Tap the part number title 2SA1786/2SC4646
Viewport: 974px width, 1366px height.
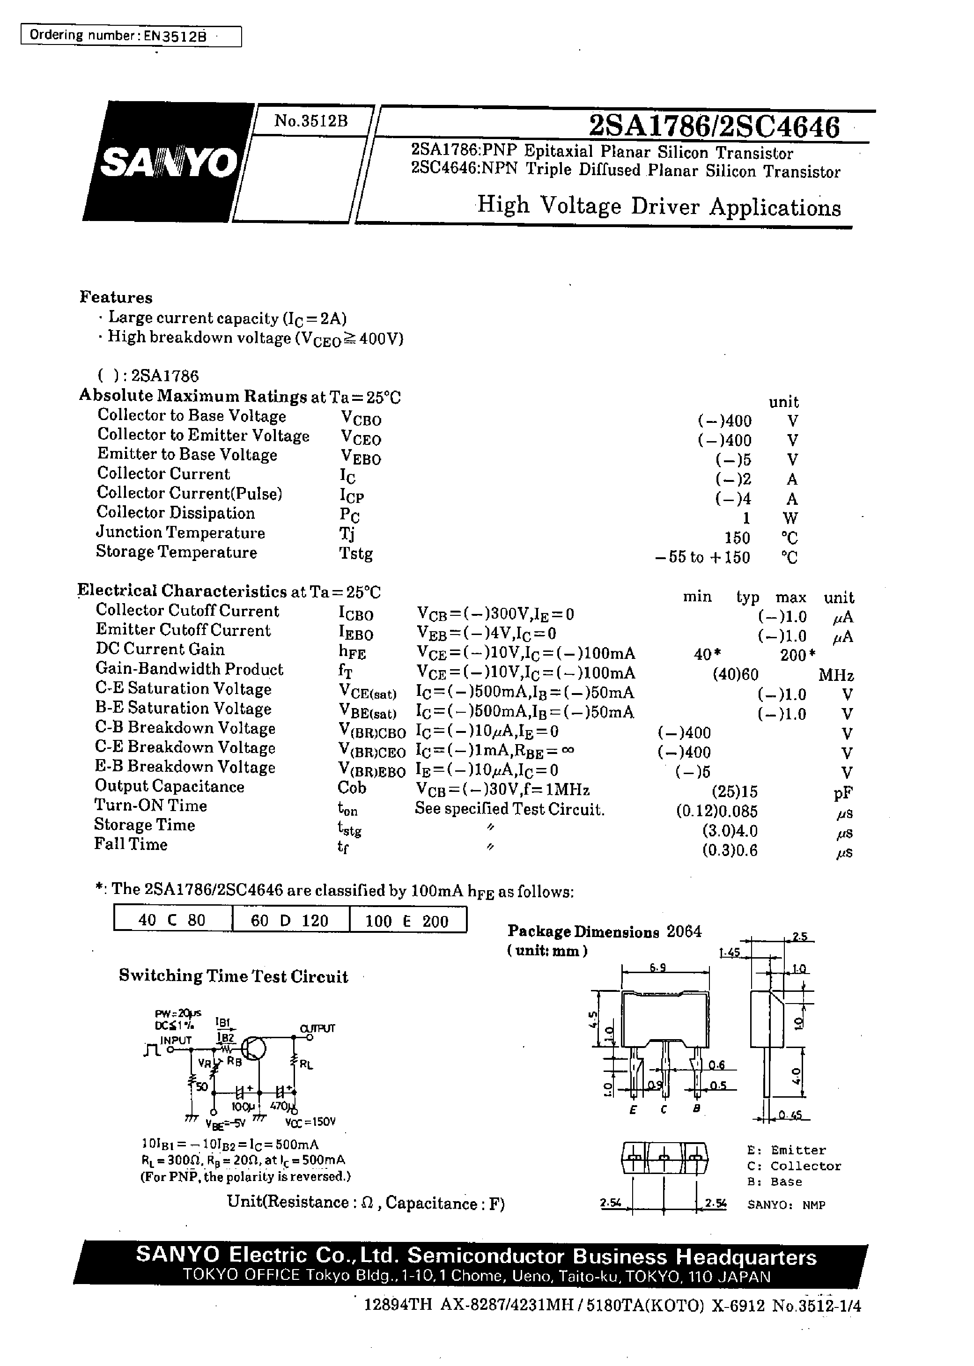[x=714, y=126]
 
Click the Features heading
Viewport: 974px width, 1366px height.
[x=116, y=297]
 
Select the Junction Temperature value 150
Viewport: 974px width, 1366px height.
[x=737, y=537]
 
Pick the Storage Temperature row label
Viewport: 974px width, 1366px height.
[x=177, y=552]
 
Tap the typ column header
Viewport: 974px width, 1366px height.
[x=747, y=597]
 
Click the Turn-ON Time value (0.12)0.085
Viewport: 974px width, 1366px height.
[x=717, y=812]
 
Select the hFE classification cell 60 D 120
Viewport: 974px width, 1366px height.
[x=290, y=921]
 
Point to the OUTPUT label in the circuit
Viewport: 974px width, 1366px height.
[x=317, y=1028]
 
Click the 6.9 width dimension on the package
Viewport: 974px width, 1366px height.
[x=657, y=967]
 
